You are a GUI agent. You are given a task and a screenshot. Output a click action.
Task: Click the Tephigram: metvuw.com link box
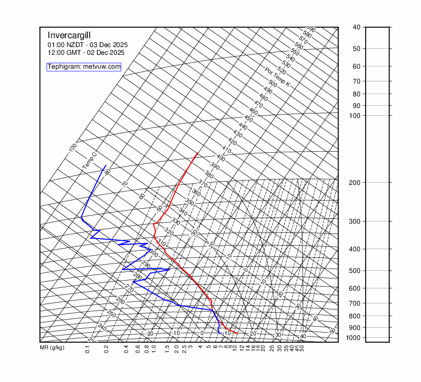pyautogui.click(x=84, y=66)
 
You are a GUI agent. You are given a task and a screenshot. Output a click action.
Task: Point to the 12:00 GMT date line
pyautogui.click(x=86, y=53)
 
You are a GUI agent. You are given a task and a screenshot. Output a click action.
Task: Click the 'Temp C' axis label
pyautogui.click(x=89, y=161)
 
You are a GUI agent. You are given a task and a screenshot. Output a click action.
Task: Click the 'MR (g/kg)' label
pyautogui.click(x=52, y=348)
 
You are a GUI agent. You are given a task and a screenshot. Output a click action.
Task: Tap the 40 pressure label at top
pyautogui.click(x=356, y=27)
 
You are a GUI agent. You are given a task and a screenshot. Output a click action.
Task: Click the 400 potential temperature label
pyautogui.click(x=220, y=158)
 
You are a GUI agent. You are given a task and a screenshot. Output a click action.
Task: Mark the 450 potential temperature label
pyautogui.click(x=248, y=119)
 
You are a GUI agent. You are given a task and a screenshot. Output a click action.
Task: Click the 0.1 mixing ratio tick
pyautogui.click(x=88, y=349)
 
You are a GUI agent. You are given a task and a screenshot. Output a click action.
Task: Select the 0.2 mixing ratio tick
pyautogui.click(x=105, y=349)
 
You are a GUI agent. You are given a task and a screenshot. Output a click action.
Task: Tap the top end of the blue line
pyautogui.click(x=105, y=165)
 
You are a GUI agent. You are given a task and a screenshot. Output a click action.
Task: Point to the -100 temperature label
pyautogui.click(x=72, y=148)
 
